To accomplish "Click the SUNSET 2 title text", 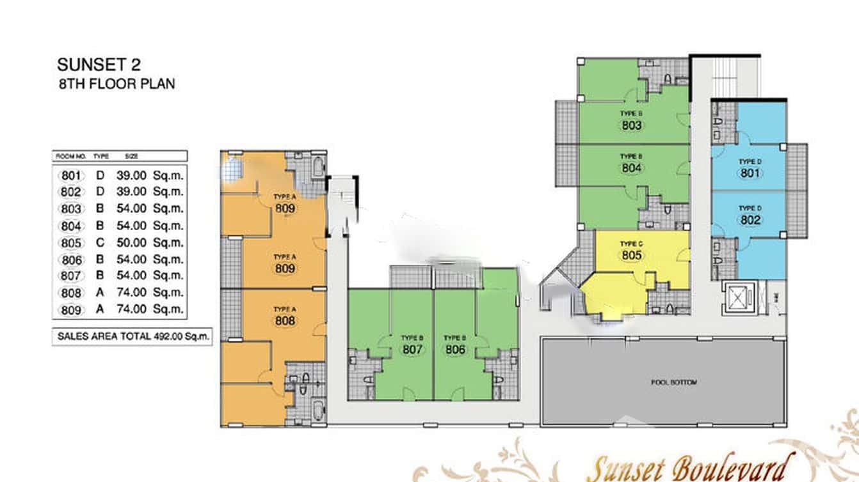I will [x=99, y=65].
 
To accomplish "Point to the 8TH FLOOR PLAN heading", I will [x=116, y=84].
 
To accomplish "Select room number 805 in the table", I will [x=72, y=243].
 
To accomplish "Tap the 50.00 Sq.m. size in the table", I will [x=150, y=243].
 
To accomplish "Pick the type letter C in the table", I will [x=100, y=243].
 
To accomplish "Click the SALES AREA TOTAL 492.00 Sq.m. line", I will [x=133, y=336].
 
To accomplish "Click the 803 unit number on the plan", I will [x=631, y=125].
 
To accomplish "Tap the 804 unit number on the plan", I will [x=631, y=168].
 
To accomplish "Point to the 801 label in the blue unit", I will [x=750, y=173].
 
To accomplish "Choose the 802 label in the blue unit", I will [x=750, y=220].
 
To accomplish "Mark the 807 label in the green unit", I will [x=413, y=350].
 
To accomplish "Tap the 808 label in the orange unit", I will [x=285, y=320].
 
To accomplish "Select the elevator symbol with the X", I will [x=739, y=297].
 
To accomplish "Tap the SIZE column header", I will [x=132, y=156].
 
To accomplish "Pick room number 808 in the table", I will [x=72, y=293].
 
